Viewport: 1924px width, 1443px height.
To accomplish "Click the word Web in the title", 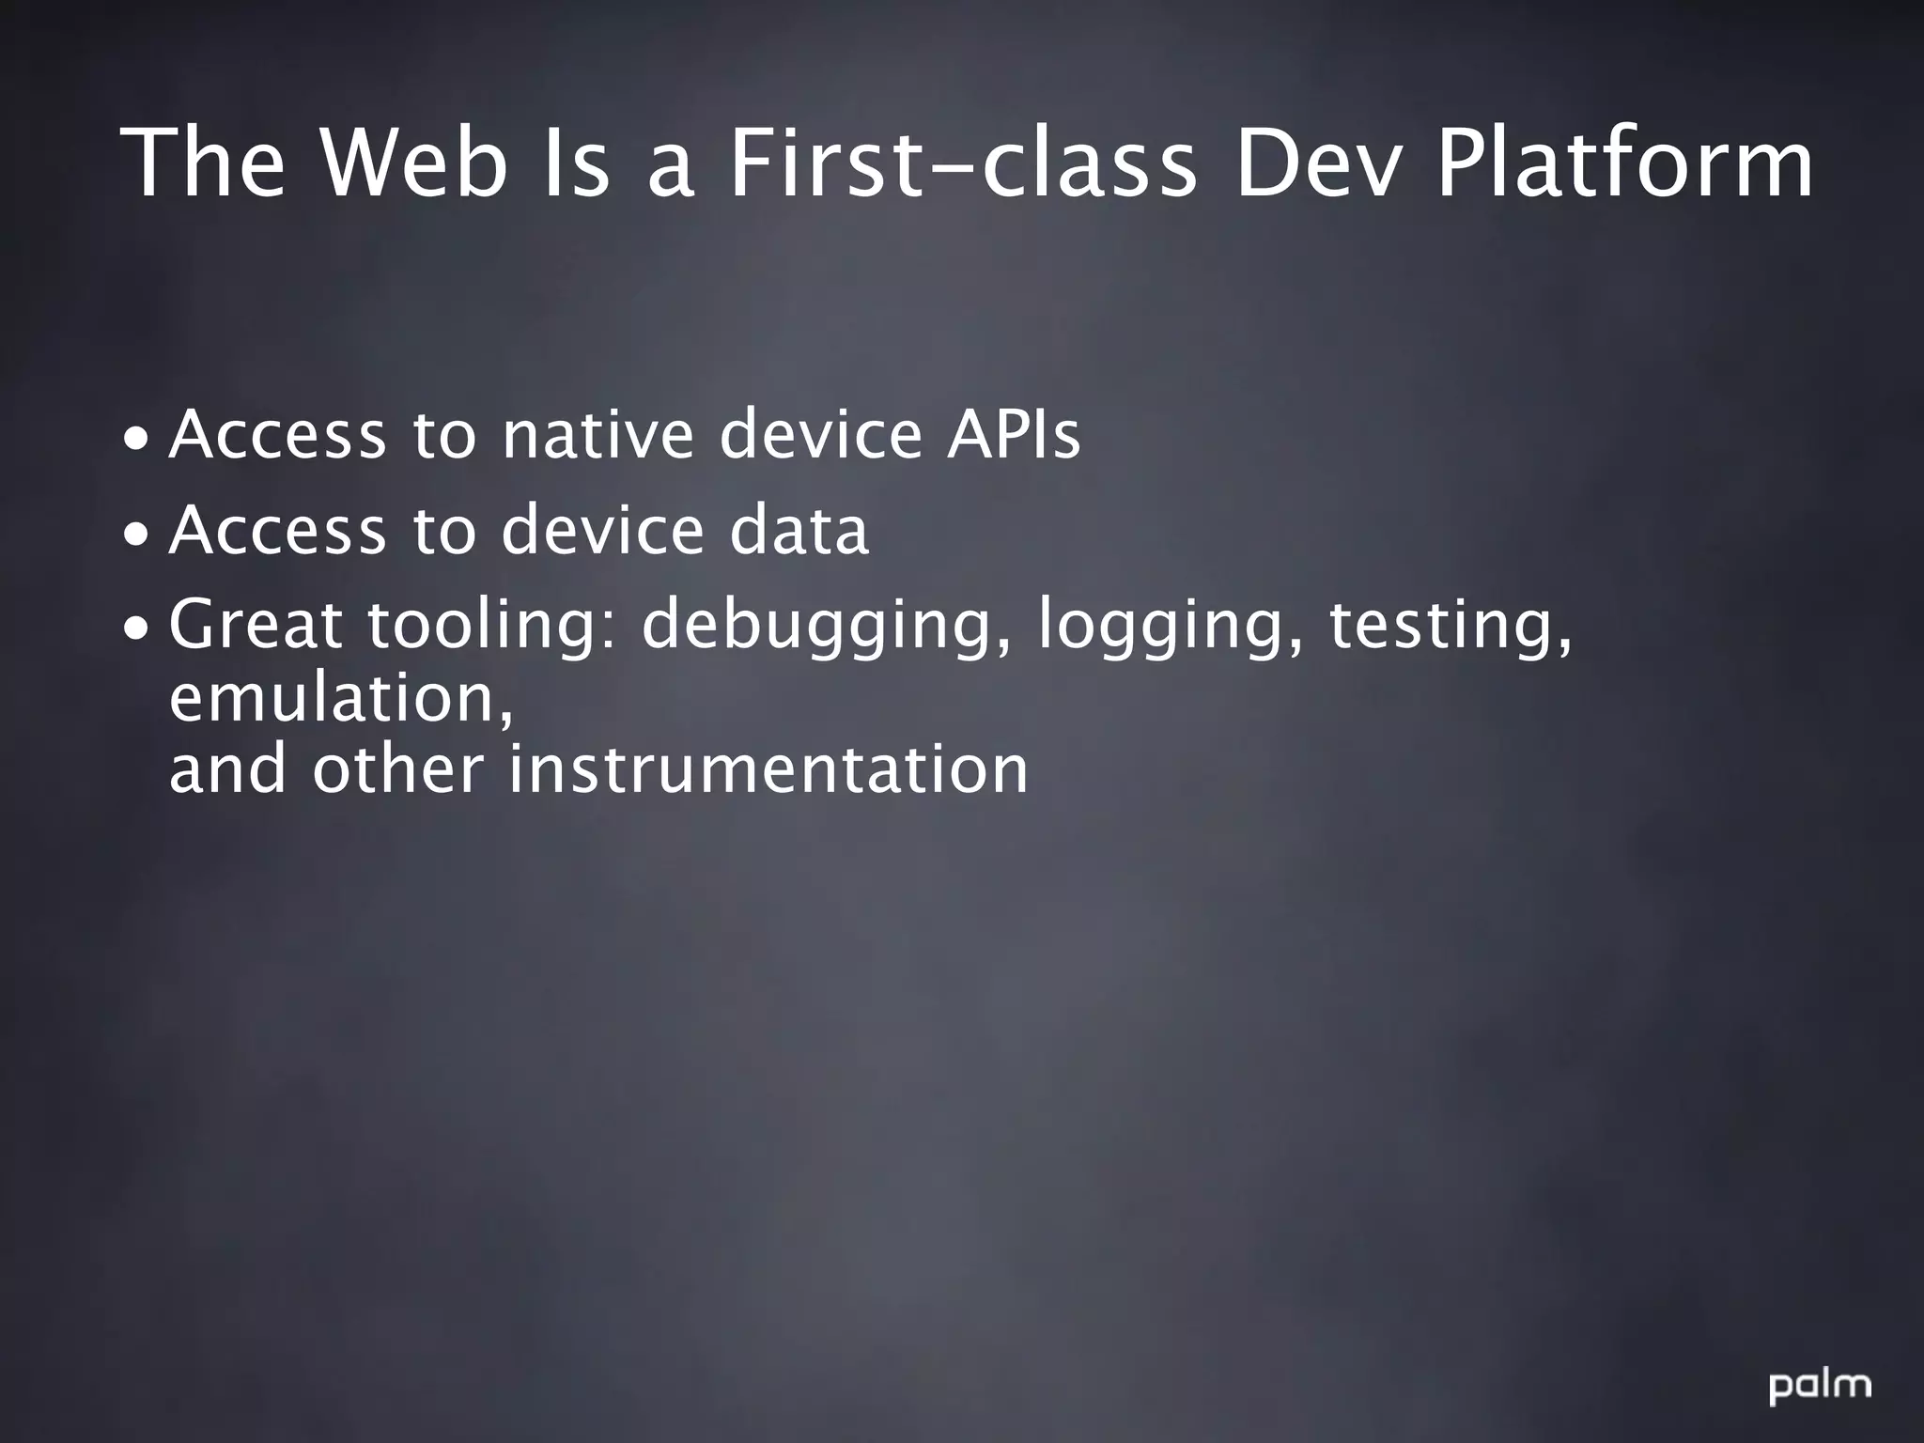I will (414, 164).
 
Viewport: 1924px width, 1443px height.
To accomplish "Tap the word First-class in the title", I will (964, 164).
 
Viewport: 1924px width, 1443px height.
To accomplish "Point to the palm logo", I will (1820, 1386).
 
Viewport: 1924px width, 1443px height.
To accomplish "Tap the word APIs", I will (1013, 435).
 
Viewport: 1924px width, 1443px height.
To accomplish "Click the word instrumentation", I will (768, 769).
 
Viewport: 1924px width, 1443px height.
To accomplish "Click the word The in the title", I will (204, 164).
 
